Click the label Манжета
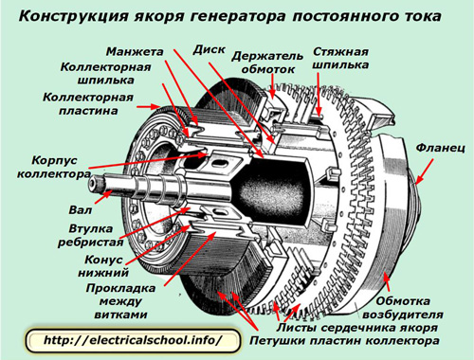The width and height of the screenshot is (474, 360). click(x=135, y=51)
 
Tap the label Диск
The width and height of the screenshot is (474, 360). click(x=210, y=49)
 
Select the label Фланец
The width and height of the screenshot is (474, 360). click(x=440, y=148)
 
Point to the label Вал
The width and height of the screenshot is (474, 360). click(x=81, y=209)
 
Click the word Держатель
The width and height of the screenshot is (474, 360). click(x=267, y=56)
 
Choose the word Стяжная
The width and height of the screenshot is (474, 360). click(x=340, y=51)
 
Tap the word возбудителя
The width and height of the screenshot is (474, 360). click(x=403, y=315)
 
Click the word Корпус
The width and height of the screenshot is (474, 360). click(x=54, y=160)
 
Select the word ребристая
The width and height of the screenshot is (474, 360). click(x=90, y=243)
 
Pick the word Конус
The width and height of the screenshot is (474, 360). click(x=103, y=260)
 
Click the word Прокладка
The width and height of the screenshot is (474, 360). click(x=120, y=288)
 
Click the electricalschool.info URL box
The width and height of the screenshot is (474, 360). click(x=133, y=340)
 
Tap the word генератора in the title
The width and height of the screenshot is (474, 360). click(x=238, y=16)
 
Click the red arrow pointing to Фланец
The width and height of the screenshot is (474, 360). click(x=425, y=171)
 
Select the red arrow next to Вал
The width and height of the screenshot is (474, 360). click(x=103, y=197)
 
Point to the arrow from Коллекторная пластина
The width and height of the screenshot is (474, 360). click(x=148, y=107)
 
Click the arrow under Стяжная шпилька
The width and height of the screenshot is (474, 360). click(x=319, y=95)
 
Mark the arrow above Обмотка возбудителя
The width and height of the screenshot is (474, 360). click(x=387, y=281)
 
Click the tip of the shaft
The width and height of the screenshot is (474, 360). click(x=92, y=185)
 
